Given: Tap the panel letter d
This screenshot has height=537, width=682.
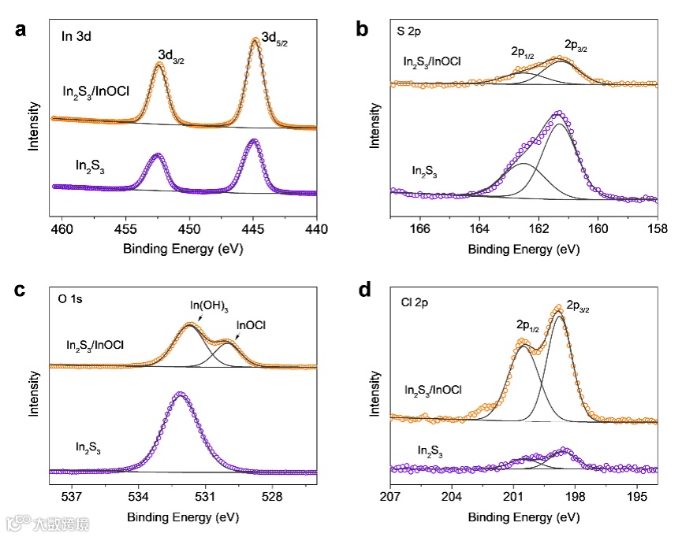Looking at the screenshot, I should [363, 291].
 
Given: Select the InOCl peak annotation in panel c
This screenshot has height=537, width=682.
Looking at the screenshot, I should [251, 324].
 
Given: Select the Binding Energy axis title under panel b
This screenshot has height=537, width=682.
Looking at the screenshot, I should [524, 249].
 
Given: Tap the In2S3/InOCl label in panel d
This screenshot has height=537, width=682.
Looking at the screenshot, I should [432, 389].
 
